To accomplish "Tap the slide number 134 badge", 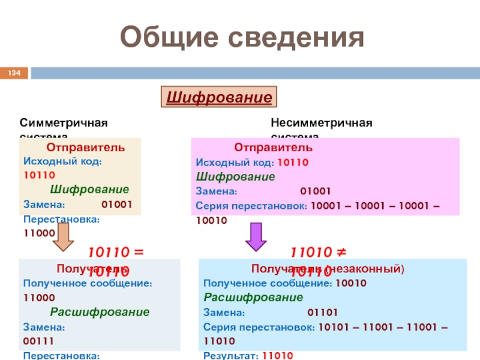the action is coord(14,73).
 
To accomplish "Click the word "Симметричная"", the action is coord(64,123).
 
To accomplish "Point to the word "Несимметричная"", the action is coord(321,123).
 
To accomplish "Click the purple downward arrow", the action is coord(256,236).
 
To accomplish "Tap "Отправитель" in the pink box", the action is coord(273,148).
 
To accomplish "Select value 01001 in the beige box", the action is coord(117,204).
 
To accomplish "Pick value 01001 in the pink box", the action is coord(315,191).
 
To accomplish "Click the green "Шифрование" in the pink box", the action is coord(236,177).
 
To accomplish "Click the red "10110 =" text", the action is coord(117,253).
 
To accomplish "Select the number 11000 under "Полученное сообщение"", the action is coord(39,298).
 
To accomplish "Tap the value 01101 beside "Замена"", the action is coord(323,313).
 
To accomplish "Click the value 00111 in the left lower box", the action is coord(39,341).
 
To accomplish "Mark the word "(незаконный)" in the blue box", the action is coord(373,269).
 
